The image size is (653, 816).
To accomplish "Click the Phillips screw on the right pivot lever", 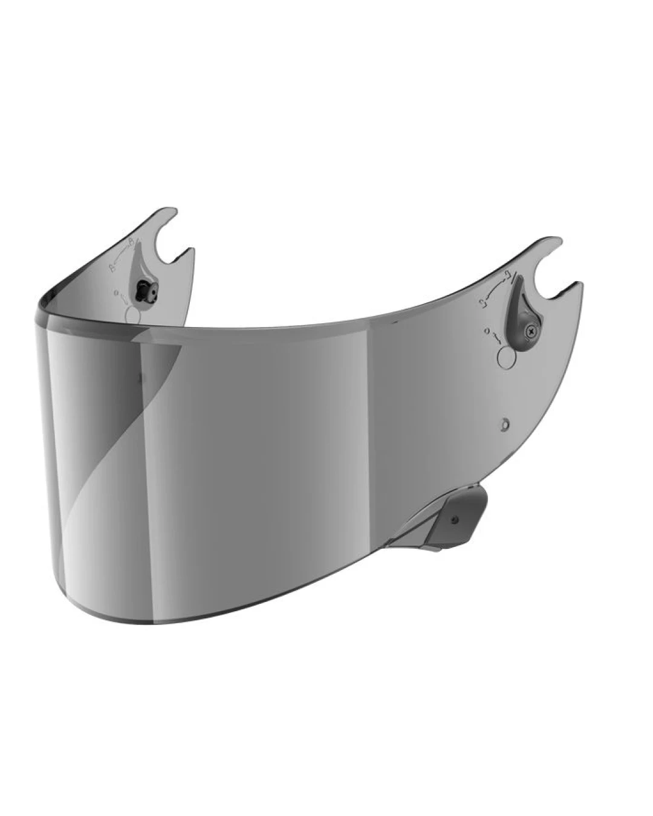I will click(531, 330).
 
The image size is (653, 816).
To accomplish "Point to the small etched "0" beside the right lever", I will click(486, 330).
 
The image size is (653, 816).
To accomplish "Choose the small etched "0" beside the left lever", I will click(115, 293).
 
